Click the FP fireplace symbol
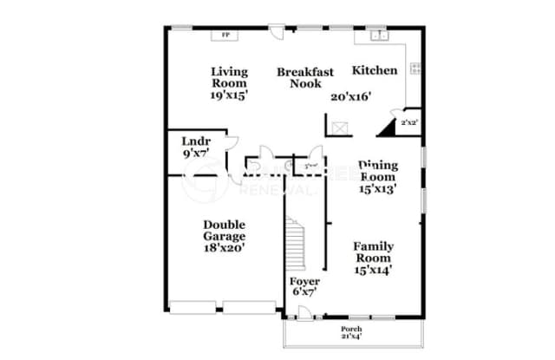(226, 36)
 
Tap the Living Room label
(230, 77)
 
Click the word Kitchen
(375, 70)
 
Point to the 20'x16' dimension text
(351, 96)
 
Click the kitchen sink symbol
(379, 36)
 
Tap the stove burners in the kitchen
(415, 68)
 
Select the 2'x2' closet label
(409, 124)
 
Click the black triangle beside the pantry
(384, 129)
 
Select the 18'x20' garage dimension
(225, 247)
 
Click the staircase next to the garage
(297, 244)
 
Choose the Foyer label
(304, 282)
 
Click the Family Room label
(373, 252)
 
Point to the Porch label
(351, 331)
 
